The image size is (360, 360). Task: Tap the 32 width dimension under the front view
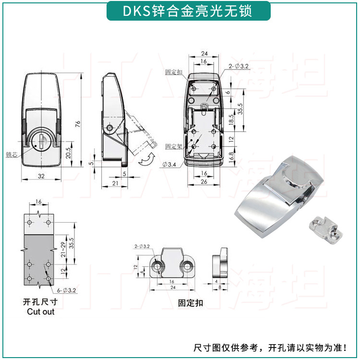pos(41,176)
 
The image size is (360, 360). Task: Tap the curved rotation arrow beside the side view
pos(146,160)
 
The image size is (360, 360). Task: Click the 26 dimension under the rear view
pos(204,182)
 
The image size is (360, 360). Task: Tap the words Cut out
pos(40,312)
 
